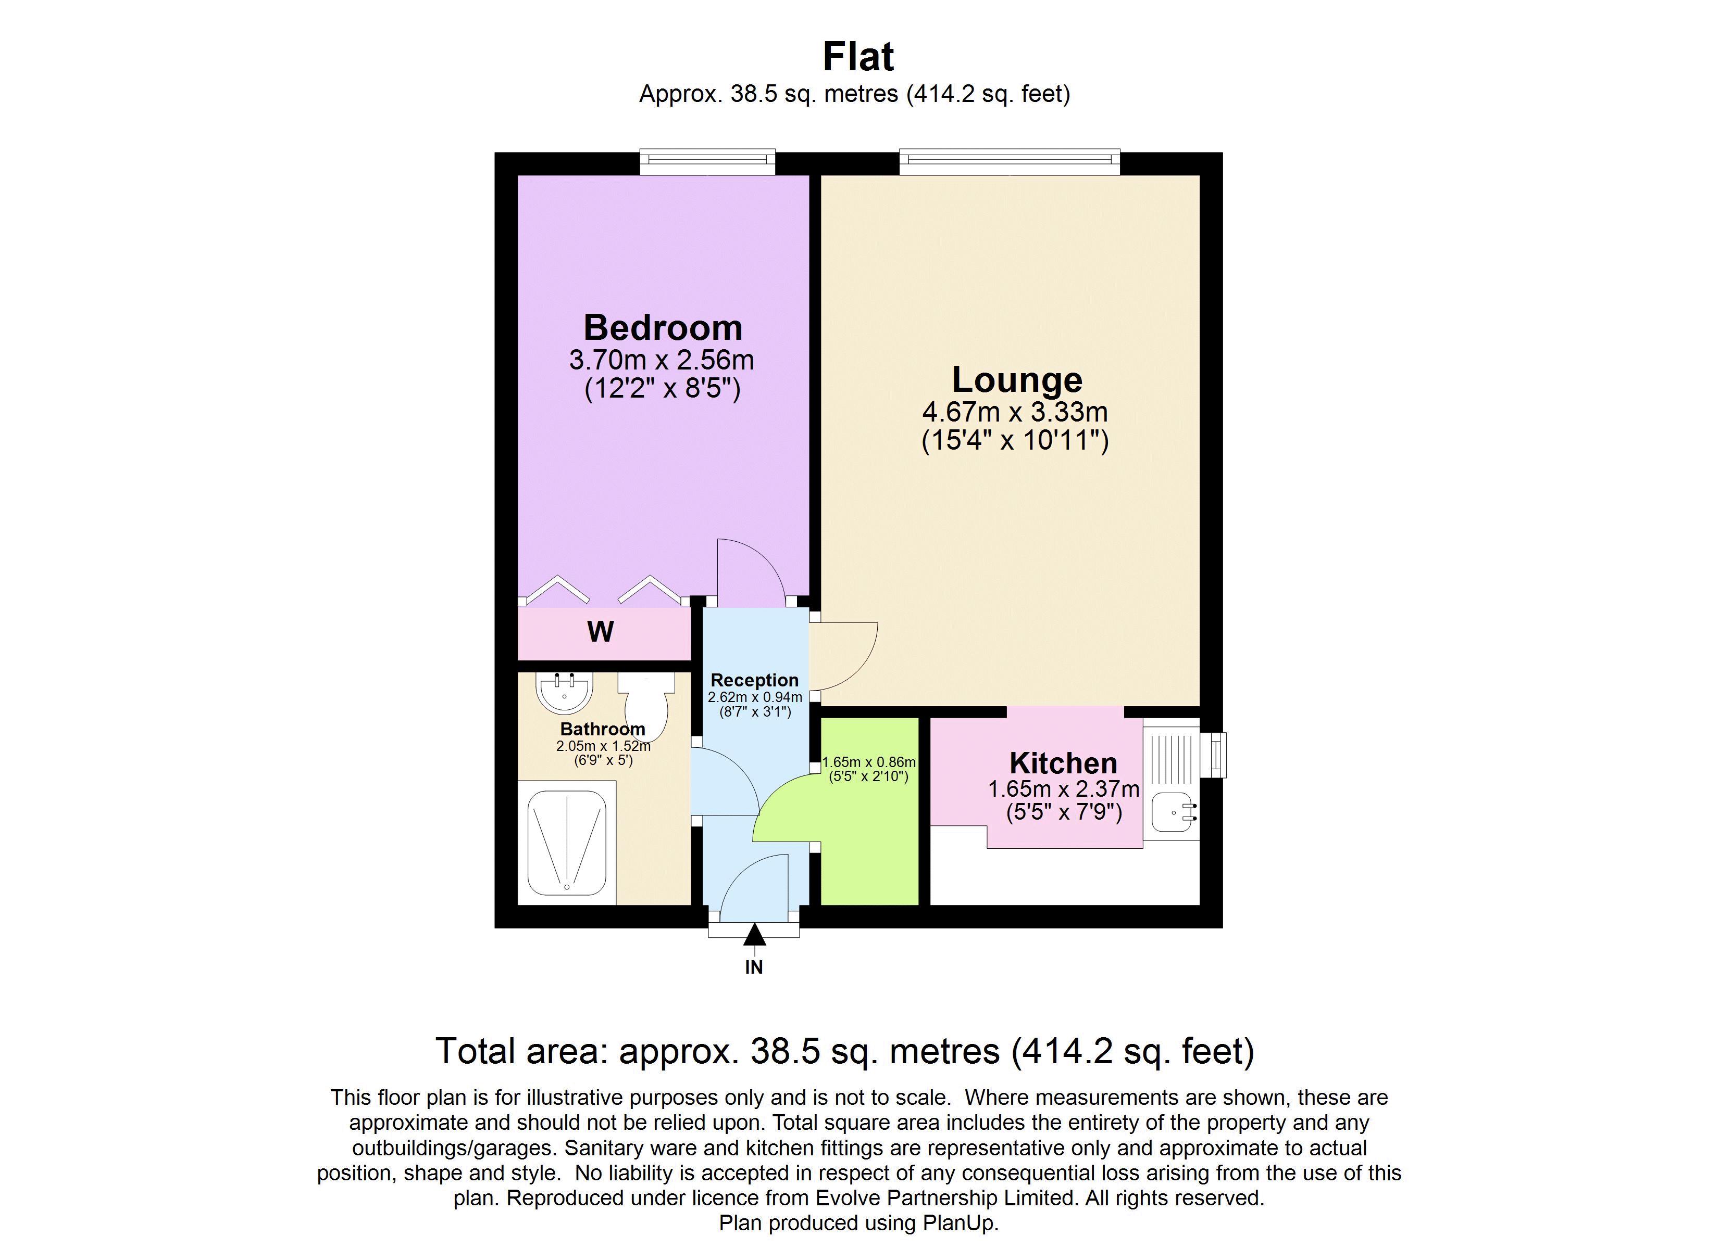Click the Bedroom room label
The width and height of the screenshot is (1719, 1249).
663,327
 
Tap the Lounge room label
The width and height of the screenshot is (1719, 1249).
1016,379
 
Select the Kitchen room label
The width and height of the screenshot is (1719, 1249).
1063,763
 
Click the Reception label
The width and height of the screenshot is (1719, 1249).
754,680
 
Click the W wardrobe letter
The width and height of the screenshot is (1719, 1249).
600,632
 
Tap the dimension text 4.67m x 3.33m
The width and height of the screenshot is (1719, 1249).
1015,412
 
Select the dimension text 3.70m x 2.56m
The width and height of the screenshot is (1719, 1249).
662,359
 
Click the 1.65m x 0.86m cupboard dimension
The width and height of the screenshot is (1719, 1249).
868,762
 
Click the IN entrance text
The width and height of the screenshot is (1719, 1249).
753,967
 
